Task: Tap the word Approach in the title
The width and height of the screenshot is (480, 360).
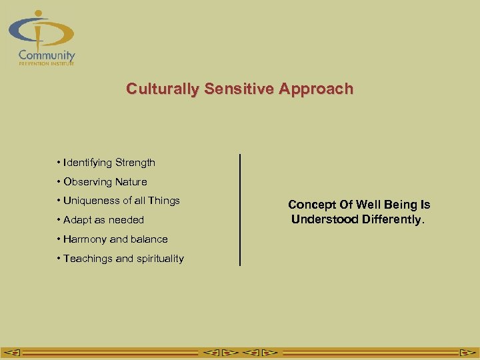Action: point(317,89)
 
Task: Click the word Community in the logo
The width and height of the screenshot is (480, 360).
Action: point(47,55)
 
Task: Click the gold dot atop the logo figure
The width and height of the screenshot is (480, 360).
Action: point(39,13)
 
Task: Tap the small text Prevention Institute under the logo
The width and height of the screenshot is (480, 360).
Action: point(47,64)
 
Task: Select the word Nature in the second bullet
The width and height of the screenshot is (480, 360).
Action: point(131,182)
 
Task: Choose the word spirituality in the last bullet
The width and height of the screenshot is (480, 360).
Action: point(159,259)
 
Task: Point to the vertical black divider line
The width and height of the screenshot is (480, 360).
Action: point(239,210)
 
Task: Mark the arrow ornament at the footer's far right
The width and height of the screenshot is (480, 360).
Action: point(466,352)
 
